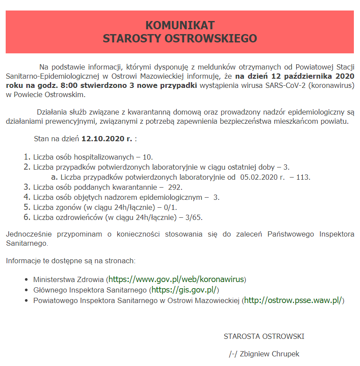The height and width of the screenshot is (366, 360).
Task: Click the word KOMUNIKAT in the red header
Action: click(x=180, y=24)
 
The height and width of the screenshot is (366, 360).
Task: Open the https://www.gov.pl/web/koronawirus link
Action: click(x=176, y=279)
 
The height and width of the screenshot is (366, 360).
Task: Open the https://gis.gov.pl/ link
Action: click(x=184, y=289)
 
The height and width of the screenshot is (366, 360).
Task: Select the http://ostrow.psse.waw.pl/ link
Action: click(x=293, y=300)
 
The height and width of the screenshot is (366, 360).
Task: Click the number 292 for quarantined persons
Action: click(x=175, y=188)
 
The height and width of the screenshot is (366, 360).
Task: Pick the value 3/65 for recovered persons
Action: click(x=194, y=217)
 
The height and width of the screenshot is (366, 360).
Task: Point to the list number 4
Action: click(x=27, y=197)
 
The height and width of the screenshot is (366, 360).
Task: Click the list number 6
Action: click(x=27, y=217)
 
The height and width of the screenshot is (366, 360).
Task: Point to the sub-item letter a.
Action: click(x=54, y=178)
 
